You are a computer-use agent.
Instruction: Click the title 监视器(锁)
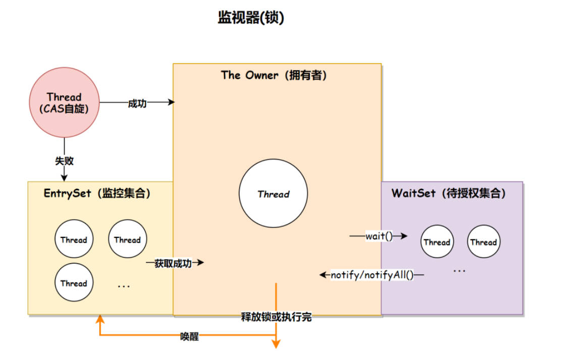(251, 18)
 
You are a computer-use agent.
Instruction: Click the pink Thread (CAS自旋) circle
(64, 102)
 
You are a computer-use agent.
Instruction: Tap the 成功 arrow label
(137, 103)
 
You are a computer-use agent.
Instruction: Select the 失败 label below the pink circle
(64, 161)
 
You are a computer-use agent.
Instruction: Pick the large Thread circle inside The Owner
(273, 194)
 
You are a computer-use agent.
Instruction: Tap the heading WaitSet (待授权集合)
(448, 194)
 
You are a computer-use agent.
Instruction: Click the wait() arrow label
(379, 236)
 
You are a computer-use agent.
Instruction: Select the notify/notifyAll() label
(372, 275)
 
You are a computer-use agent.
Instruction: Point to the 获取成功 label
(173, 263)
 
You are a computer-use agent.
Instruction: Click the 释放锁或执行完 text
(276, 317)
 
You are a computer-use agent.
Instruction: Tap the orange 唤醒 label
(189, 336)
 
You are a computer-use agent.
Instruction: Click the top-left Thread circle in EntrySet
(74, 240)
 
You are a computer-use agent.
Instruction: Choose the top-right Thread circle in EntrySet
(127, 240)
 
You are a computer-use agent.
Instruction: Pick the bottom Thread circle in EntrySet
(74, 283)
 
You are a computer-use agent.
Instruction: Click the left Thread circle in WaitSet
(437, 242)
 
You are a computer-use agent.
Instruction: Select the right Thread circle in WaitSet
(483, 242)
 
